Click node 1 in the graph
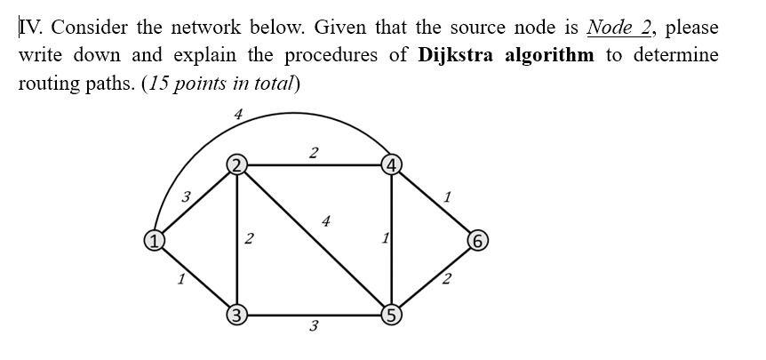coord(154,240)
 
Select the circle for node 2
coord(236,164)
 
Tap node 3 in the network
coord(236,315)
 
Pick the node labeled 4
coord(391,164)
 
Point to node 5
coord(391,315)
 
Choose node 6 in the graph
coord(478,241)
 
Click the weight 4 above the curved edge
coord(238,114)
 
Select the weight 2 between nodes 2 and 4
coord(313,153)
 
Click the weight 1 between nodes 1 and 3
coord(180,279)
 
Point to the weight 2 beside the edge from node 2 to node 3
coord(249,238)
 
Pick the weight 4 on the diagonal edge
coord(326,221)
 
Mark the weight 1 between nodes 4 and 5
coord(384,238)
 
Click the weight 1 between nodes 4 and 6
coord(446,197)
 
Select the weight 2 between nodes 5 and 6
coord(446,280)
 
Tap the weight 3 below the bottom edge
coord(313,327)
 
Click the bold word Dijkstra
coord(457,55)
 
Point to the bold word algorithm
coord(549,55)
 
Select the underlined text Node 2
coord(620,27)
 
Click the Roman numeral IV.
coord(30,27)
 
